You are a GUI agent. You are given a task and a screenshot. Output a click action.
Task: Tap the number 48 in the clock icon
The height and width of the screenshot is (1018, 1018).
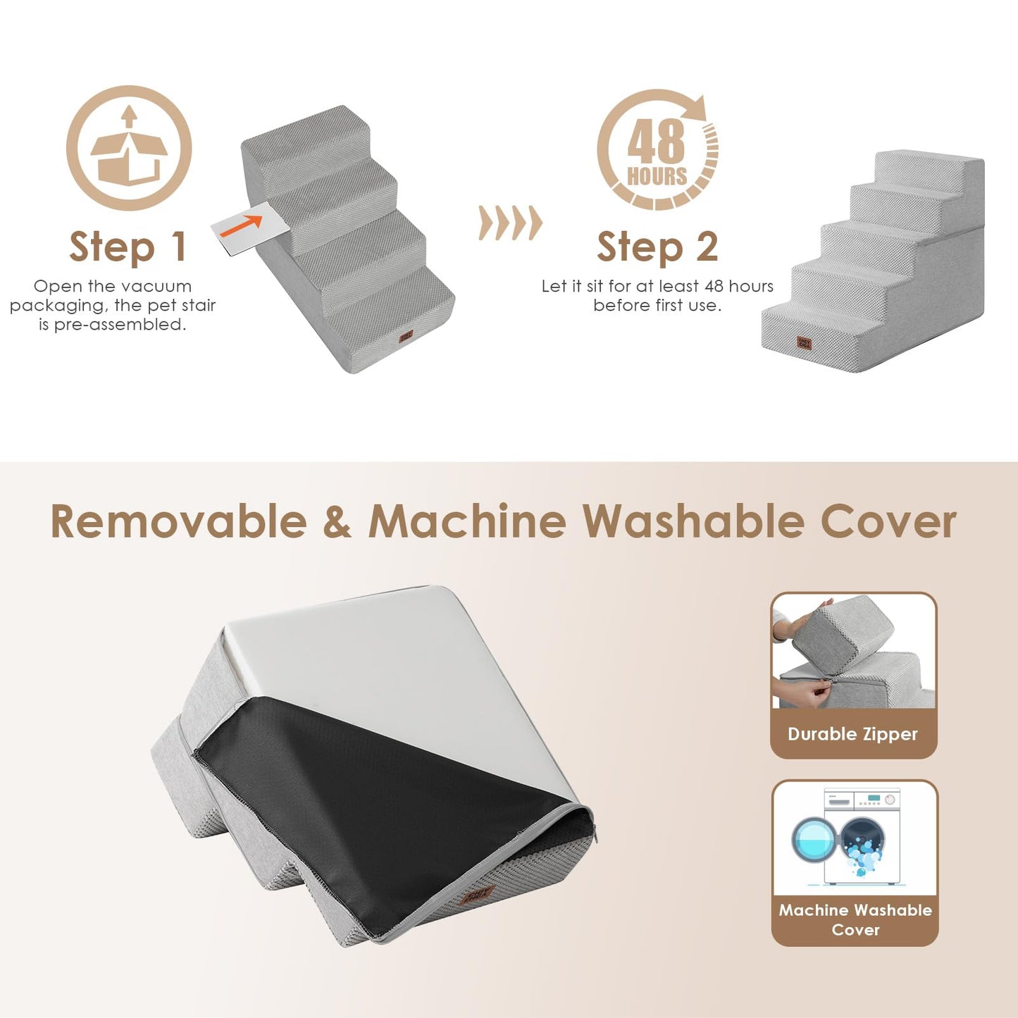(x=656, y=141)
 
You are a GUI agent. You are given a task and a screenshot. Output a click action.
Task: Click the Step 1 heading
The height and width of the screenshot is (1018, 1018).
(x=128, y=247)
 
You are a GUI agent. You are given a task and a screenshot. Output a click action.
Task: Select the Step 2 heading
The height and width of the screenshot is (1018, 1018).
(x=657, y=247)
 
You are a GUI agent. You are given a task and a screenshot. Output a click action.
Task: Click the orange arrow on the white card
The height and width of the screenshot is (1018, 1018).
(x=242, y=225)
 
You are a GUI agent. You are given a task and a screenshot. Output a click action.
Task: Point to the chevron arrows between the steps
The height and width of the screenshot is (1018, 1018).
(x=510, y=223)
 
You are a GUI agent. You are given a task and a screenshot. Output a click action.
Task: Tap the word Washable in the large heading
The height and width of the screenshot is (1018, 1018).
(x=693, y=522)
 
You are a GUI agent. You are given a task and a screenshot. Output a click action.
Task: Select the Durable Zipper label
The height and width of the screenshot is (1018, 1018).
(x=852, y=734)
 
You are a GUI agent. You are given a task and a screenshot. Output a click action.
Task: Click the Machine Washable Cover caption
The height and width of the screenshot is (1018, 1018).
(x=855, y=919)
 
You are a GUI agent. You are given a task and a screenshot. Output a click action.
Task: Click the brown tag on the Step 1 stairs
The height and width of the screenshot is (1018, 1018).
(x=406, y=337)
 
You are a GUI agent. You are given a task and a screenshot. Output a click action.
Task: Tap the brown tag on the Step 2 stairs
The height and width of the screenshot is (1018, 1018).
(x=804, y=342)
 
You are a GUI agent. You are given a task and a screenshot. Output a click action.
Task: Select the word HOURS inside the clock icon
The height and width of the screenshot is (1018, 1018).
(x=657, y=176)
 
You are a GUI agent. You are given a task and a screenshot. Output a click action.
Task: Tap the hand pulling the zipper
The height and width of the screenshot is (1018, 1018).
(x=800, y=693)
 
